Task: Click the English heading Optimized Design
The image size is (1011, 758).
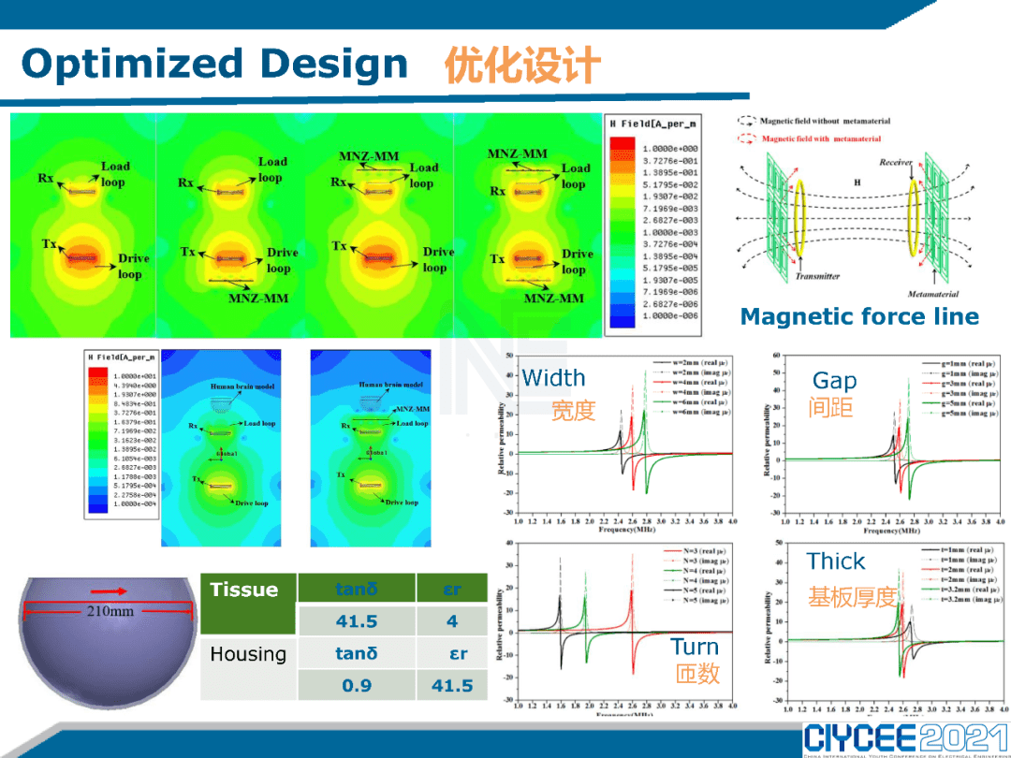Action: pyautogui.click(x=214, y=64)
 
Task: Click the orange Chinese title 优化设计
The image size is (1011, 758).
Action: pyautogui.click(x=522, y=66)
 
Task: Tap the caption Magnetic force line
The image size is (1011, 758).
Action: pyautogui.click(x=859, y=317)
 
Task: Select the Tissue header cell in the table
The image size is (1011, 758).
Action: pyautogui.click(x=245, y=590)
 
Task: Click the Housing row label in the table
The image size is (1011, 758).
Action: pyautogui.click(x=248, y=653)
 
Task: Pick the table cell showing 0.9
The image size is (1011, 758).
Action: pyautogui.click(x=356, y=685)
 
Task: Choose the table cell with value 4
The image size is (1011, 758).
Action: pyautogui.click(x=452, y=621)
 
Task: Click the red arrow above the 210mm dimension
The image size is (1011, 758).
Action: pyautogui.click(x=109, y=591)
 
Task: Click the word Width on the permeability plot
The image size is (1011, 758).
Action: pyautogui.click(x=553, y=378)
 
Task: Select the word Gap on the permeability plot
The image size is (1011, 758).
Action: pyautogui.click(x=834, y=381)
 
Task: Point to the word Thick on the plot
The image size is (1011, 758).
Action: pyautogui.click(x=836, y=561)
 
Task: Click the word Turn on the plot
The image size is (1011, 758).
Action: pyautogui.click(x=695, y=647)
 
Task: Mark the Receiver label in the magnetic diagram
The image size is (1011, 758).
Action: pyautogui.click(x=896, y=162)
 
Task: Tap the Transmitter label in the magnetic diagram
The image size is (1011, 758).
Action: pyautogui.click(x=817, y=276)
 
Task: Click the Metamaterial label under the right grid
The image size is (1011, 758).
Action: pyautogui.click(x=932, y=294)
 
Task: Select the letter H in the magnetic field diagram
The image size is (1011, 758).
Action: pyautogui.click(x=857, y=182)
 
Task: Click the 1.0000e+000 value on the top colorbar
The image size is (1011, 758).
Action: pyautogui.click(x=670, y=149)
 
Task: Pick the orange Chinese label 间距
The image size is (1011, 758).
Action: pyautogui.click(x=832, y=408)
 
